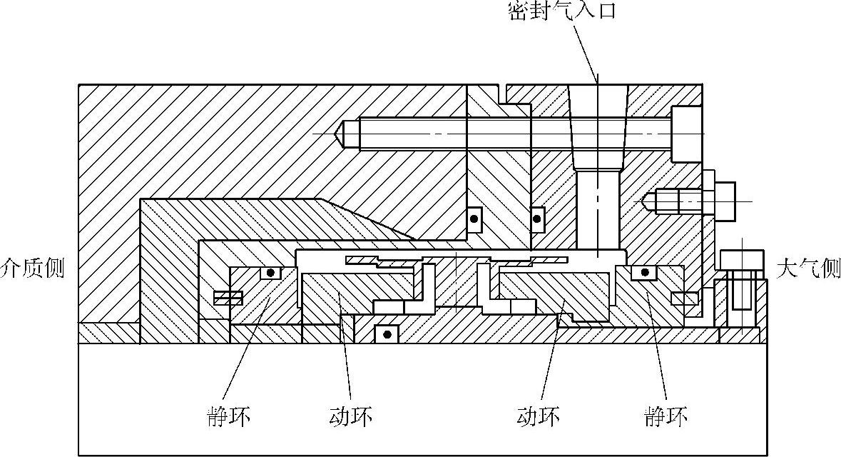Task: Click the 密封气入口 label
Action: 561,10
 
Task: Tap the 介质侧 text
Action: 32,268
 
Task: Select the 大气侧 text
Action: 807,268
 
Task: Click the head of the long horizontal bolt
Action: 685,134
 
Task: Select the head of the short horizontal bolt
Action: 724,201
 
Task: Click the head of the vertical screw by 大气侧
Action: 742,260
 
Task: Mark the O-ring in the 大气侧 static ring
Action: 645,272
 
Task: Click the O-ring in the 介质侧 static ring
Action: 270,272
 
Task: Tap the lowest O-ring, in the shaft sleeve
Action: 387,333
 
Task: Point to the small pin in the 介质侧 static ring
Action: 228,297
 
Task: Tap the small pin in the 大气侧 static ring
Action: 683,296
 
